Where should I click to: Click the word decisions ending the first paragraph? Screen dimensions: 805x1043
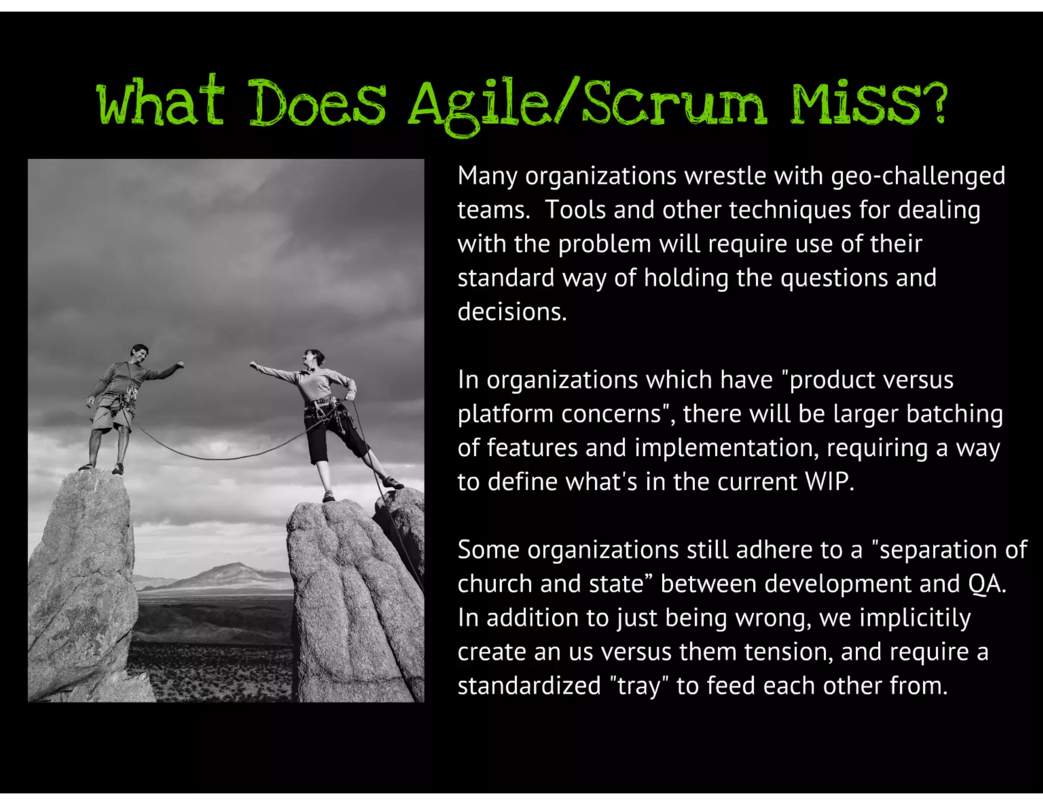point(511,312)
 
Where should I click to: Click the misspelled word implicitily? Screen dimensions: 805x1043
point(915,618)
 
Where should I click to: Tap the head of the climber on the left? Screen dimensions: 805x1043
point(139,353)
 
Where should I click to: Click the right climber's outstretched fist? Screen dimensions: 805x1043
point(253,364)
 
